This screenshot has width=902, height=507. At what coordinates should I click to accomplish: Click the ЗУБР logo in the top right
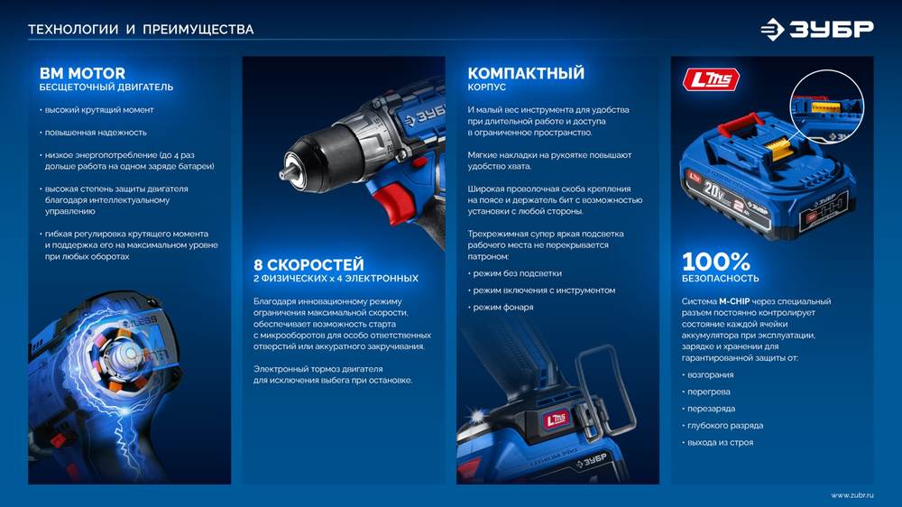click(x=816, y=29)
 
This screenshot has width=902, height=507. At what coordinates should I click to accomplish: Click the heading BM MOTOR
click(x=82, y=73)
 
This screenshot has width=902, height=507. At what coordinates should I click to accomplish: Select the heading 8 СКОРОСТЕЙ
click(x=308, y=264)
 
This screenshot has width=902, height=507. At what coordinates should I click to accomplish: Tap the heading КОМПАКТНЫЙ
click(x=526, y=73)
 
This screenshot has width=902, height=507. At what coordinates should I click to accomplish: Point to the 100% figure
click(x=715, y=262)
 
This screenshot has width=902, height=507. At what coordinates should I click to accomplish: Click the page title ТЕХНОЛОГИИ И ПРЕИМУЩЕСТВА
click(x=141, y=30)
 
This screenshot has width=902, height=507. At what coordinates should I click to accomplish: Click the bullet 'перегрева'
click(x=708, y=392)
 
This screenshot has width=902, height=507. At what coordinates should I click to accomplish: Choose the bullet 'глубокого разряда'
click(x=725, y=425)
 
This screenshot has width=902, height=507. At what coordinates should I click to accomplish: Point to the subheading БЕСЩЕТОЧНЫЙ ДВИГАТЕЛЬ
click(x=106, y=88)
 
